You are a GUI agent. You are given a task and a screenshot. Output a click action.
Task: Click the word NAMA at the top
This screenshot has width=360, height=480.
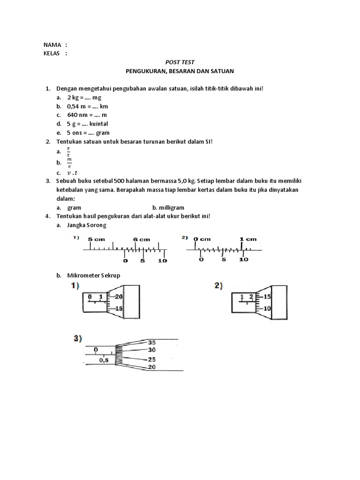coord(52,45)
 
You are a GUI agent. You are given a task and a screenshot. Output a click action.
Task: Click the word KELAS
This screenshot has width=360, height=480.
coord(52,53)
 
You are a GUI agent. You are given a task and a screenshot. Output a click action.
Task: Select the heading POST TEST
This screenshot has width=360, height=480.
coord(180,62)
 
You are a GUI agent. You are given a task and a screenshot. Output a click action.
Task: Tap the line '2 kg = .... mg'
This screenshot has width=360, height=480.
coord(84,97)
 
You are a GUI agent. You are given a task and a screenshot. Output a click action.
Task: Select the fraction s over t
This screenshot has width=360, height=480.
coord(68,151)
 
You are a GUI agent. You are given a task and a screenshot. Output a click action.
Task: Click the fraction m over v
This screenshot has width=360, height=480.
coord(69,162)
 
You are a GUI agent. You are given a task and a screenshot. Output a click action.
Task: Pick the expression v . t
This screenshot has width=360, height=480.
coord(74,172)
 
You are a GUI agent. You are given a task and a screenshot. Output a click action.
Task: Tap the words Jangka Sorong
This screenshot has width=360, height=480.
coord(87,225)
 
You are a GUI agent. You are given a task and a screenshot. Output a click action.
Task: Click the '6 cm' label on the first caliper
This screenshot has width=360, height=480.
coord(141,239)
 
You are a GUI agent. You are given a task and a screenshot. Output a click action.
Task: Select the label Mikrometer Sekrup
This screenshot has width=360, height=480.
coord(94,276)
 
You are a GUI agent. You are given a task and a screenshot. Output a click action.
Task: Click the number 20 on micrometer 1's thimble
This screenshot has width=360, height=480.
coord(119,297)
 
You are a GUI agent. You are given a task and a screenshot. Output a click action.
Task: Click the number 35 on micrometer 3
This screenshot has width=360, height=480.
coord(151,342)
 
